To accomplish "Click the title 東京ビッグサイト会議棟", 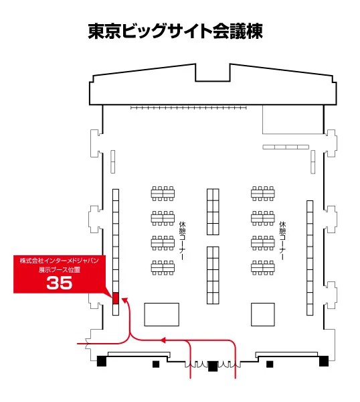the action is (x=175, y=31).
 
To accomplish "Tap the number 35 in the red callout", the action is (x=60, y=283).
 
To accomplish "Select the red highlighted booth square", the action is (x=116, y=298).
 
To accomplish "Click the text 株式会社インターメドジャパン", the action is (x=60, y=261).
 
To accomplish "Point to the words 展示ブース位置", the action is (x=60, y=270).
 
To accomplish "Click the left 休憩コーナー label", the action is (x=182, y=241).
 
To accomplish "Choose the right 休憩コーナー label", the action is (x=282, y=241).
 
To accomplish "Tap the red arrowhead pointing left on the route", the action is (x=163, y=340).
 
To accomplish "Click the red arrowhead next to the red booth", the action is (x=125, y=300).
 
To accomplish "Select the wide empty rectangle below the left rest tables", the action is (x=161, y=315).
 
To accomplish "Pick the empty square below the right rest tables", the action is (x=263, y=315).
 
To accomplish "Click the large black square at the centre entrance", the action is (x=213, y=366).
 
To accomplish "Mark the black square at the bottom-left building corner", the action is (x=102, y=361).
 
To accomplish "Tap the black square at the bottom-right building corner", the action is (x=324, y=361).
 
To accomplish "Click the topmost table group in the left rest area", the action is (x=163, y=194).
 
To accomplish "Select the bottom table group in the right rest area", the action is (x=263, y=268).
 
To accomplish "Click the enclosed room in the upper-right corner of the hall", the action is (x=293, y=119).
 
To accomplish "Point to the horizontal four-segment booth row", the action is (x=286, y=147).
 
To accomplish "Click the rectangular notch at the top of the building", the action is (x=213, y=72).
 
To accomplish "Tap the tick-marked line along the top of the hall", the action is (x=189, y=108).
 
